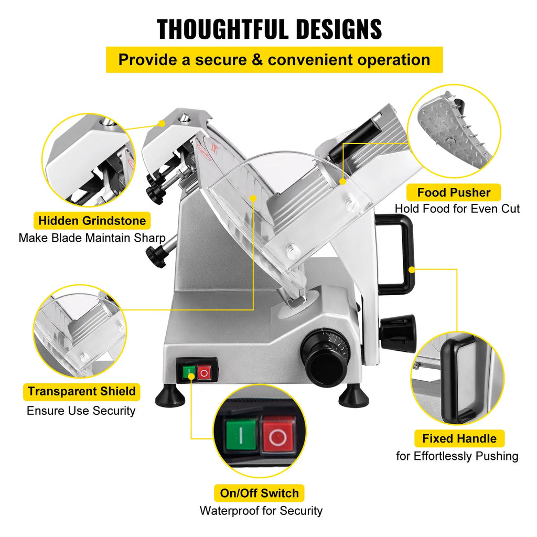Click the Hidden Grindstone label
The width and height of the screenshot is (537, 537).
point(92,220)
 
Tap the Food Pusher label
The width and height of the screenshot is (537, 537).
point(454,192)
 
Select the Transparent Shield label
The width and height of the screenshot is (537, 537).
point(82,391)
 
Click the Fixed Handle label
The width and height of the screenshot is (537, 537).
point(459,438)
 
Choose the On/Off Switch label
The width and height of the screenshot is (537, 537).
point(259,493)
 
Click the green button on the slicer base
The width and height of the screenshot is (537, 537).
point(189,373)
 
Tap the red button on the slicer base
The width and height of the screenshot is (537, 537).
point(205,373)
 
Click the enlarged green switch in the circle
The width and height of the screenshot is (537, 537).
point(241,435)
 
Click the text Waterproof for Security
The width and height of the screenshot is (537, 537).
point(261,510)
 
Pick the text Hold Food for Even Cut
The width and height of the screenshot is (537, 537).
point(457,209)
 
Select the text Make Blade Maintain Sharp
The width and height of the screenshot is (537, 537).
point(92,238)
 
